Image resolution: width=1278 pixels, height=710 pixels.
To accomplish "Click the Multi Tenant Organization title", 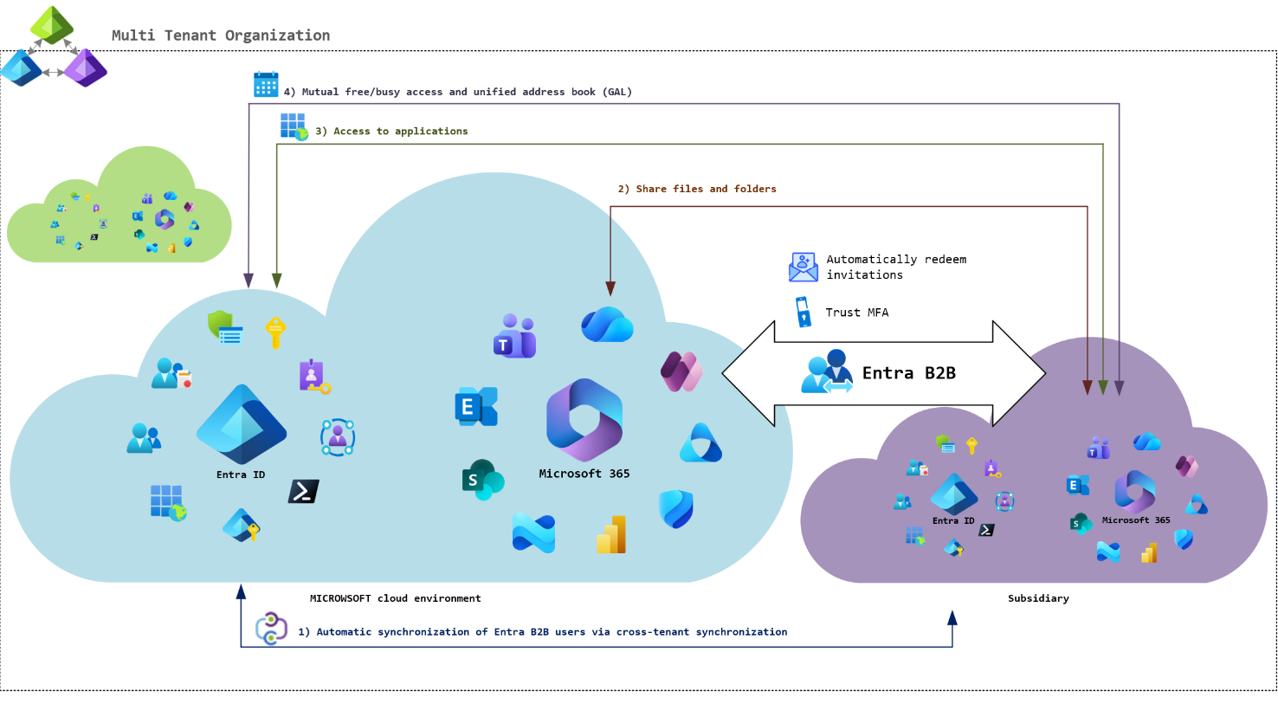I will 221,35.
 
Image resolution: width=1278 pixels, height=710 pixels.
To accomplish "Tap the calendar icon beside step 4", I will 266,84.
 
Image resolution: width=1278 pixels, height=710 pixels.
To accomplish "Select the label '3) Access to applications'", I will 391,132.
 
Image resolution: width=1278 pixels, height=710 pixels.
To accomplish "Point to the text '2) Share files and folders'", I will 697,189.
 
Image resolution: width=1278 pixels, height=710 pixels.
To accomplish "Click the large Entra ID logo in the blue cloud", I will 242,424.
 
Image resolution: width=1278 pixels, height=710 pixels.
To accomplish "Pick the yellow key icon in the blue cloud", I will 275,332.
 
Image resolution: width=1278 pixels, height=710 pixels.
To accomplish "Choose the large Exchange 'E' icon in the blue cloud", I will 475,406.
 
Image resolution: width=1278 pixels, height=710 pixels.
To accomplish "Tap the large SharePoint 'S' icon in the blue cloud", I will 482,480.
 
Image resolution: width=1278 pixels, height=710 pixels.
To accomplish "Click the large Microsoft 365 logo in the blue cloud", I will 584,420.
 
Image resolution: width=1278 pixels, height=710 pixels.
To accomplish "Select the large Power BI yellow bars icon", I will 611,535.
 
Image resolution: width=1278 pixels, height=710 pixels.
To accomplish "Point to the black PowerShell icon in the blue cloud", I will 303,492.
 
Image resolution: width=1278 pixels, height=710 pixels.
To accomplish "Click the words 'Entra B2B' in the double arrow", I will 909,373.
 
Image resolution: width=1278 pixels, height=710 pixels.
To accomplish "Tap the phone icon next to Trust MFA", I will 804,313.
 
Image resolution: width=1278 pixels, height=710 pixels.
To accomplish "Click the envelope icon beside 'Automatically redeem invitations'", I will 804,267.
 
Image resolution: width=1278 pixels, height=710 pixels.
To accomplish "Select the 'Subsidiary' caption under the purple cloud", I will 1038,598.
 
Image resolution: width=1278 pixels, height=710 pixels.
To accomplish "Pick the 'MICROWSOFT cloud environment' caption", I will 395,598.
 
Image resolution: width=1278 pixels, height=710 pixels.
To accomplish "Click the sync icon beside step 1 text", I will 271,629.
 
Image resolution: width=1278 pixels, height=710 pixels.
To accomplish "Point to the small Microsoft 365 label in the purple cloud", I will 1136,520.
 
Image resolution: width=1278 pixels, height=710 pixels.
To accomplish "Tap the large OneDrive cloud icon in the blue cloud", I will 607,325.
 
